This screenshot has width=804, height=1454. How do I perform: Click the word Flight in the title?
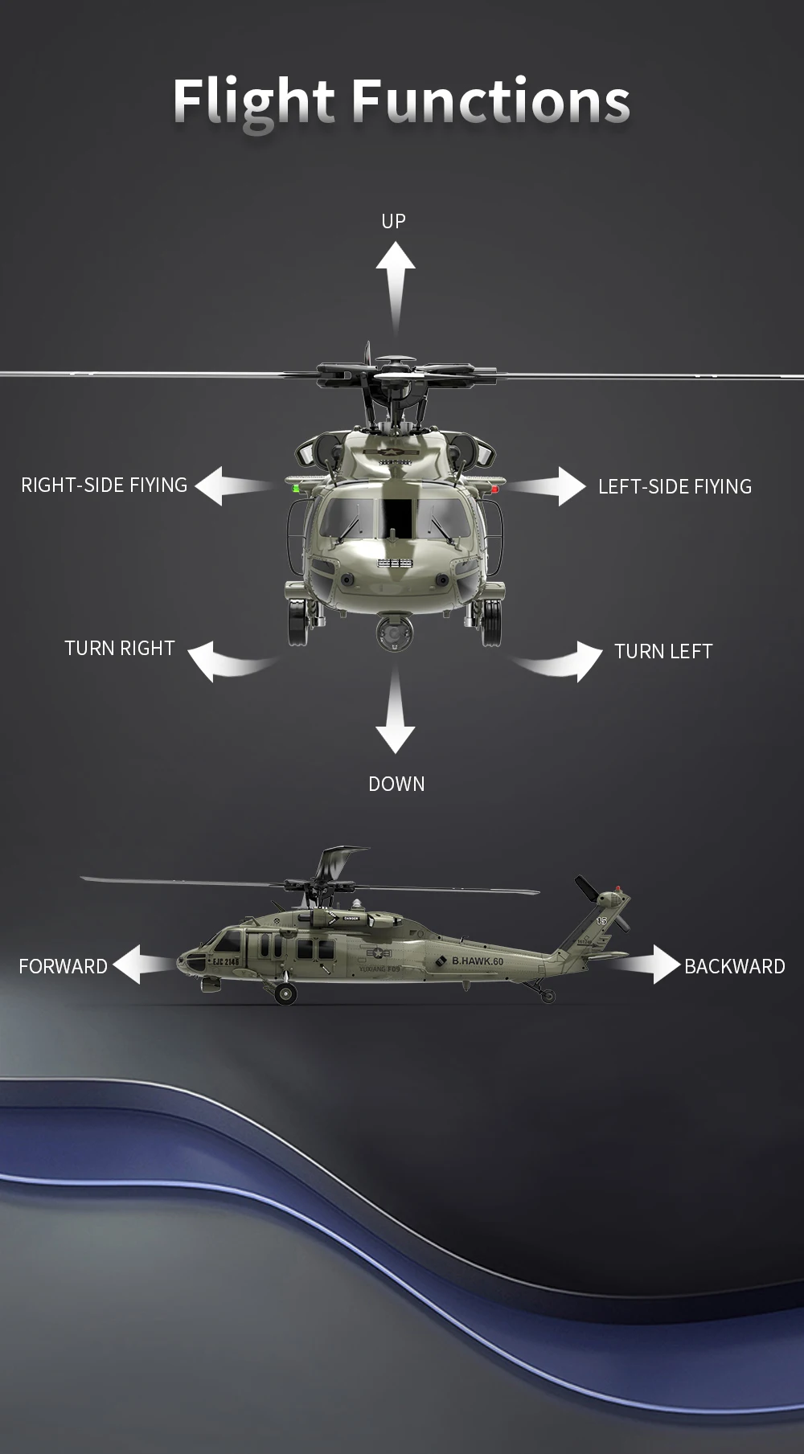click(253, 102)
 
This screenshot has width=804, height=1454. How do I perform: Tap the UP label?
click(393, 221)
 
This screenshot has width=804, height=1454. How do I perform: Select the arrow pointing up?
click(395, 281)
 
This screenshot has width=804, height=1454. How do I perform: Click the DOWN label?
click(396, 784)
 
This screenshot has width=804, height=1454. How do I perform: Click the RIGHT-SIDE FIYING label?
click(104, 485)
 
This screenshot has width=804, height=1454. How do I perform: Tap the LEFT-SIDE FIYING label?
click(675, 486)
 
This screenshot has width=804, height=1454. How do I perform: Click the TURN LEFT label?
click(663, 651)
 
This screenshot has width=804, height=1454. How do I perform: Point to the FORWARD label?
click(63, 966)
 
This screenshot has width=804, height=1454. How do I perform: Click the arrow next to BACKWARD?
click(655, 965)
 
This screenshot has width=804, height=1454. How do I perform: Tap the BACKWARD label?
click(734, 966)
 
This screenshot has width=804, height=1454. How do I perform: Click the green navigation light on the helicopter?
click(296, 487)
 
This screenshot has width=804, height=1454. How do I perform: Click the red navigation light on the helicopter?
click(495, 488)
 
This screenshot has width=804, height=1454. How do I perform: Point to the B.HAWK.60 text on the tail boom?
click(477, 961)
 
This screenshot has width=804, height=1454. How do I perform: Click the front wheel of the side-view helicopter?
click(285, 994)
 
